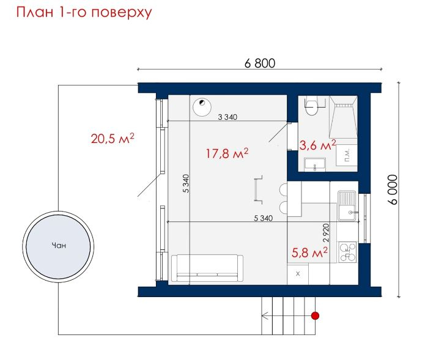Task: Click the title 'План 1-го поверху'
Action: tap(84, 13)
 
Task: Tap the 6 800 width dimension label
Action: tap(260, 63)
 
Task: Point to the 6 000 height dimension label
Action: tap(393, 189)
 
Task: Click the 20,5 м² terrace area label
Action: tap(113, 139)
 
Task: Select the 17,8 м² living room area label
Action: tap(227, 153)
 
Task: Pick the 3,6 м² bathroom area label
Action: tap(317, 145)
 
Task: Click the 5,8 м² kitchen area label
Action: tap(309, 252)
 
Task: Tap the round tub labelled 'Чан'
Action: tap(58, 246)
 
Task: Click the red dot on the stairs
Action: tap(315, 316)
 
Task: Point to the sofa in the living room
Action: tap(207, 268)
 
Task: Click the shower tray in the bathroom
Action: tap(344, 117)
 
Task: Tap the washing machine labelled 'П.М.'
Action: tap(347, 155)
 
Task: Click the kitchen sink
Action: tap(347, 206)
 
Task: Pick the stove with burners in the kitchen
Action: tap(347, 252)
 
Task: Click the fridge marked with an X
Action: tap(298, 274)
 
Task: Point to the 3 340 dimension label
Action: tap(227, 117)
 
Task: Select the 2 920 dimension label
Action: tap(326, 233)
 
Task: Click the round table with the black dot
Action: tap(202, 107)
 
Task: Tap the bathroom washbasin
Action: tap(315, 164)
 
